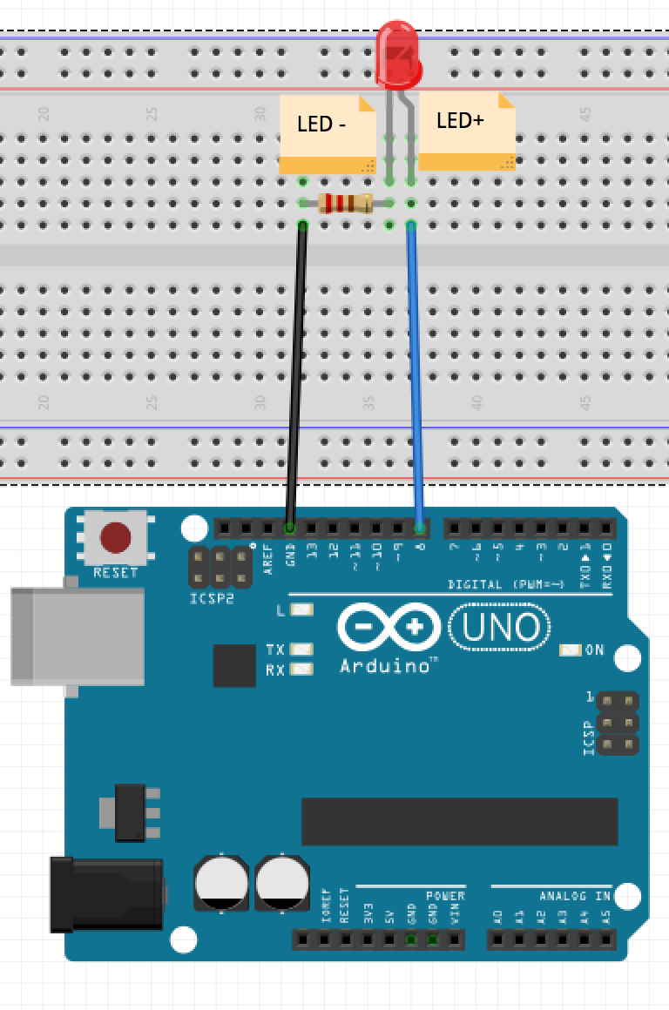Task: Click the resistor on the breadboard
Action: click(346, 204)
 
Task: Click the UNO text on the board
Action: click(500, 627)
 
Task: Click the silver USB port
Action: click(77, 635)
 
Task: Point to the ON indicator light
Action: click(571, 650)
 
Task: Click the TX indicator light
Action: click(301, 650)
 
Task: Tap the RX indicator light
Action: click(301, 670)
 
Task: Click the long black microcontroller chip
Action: click(459, 821)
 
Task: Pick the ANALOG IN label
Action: click(575, 896)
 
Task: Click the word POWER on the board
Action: click(445, 896)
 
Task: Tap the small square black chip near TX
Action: click(234, 665)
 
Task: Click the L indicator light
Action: click(301, 610)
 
